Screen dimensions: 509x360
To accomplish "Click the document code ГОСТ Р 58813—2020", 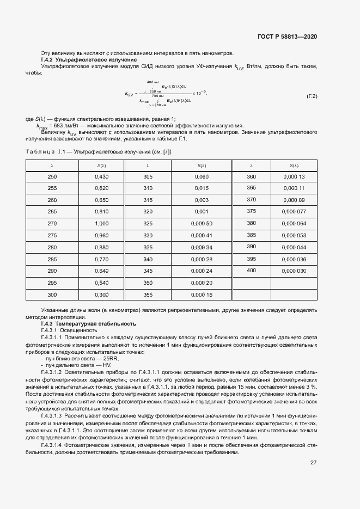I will [x=287, y=36].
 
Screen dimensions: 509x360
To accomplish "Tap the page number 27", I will [x=313, y=462].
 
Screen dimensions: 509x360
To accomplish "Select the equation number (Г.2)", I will [x=312, y=96].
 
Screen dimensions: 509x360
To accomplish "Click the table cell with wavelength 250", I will [x=52, y=177].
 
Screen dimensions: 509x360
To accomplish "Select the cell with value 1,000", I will [x=101, y=223].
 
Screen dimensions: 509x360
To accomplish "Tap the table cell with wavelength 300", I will [x=52, y=294].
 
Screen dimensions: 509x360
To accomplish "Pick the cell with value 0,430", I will [x=101, y=177].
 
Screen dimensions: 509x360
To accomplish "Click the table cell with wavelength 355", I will [x=148, y=294].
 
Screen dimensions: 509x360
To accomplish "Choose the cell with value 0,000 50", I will [x=201, y=223].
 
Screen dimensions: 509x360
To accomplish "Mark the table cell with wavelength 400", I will [x=251, y=270].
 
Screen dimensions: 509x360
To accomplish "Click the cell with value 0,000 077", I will [x=294, y=211].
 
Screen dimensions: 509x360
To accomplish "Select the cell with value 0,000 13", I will [x=294, y=176].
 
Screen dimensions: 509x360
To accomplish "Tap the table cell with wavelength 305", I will [x=148, y=177].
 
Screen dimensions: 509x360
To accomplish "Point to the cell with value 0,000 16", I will [x=201, y=294].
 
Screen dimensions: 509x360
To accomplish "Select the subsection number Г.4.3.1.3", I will [x=55, y=415].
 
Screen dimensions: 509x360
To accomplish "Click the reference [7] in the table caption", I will [x=167, y=152].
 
